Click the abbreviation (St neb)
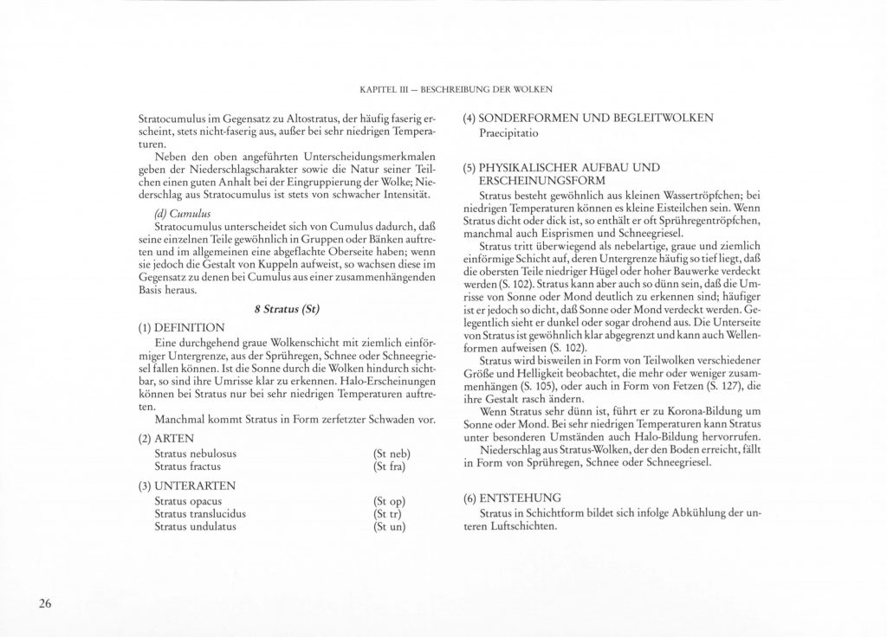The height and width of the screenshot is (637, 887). pyautogui.click(x=391, y=454)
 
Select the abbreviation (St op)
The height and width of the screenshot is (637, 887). pyautogui.click(x=389, y=501)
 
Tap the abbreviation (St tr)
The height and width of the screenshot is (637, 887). pyautogui.click(x=387, y=513)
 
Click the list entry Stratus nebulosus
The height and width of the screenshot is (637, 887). pyautogui.click(x=196, y=454)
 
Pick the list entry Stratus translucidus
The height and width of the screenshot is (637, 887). pyautogui.click(x=200, y=513)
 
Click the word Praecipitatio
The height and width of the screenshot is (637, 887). pyautogui.click(x=509, y=135)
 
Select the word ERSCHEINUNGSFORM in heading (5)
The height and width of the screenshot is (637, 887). pyautogui.click(x=535, y=179)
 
